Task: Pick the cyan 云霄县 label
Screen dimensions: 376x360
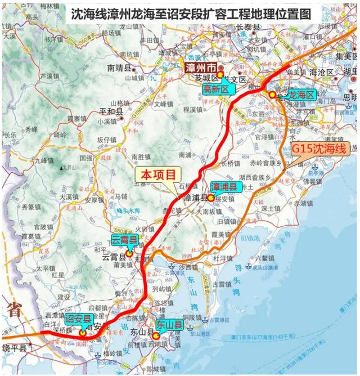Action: click(x=124, y=241)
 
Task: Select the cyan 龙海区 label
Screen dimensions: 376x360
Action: click(x=301, y=96)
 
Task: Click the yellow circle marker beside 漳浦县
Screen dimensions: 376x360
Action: click(x=210, y=198)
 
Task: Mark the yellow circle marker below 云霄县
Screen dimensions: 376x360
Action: click(x=129, y=253)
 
